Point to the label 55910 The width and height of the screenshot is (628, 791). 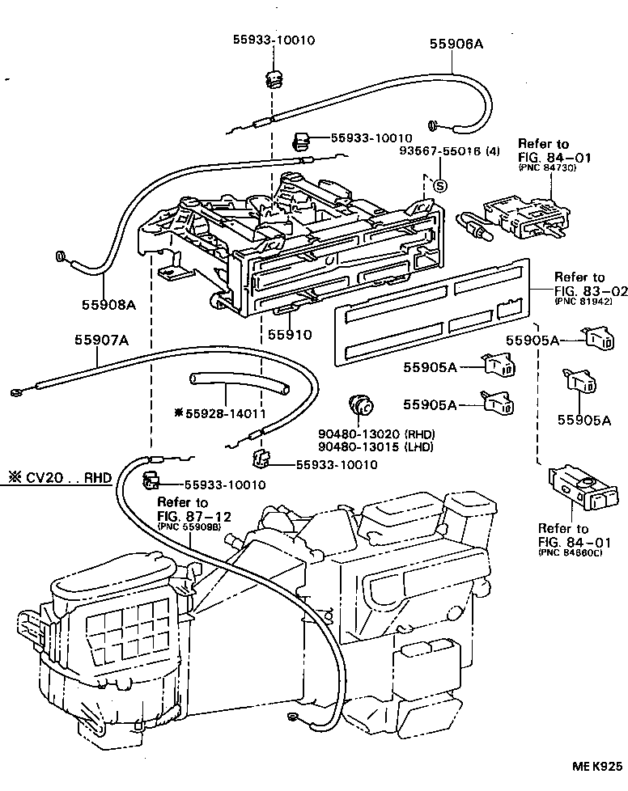[x=289, y=334]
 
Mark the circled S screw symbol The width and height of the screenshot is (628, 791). [x=440, y=185]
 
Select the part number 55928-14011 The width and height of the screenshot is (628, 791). [x=225, y=412]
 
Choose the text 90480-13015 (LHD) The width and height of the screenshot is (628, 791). [x=375, y=446]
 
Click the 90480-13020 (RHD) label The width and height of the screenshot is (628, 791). [x=375, y=433]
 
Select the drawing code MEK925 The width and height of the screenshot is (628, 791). [x=599, y=764]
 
